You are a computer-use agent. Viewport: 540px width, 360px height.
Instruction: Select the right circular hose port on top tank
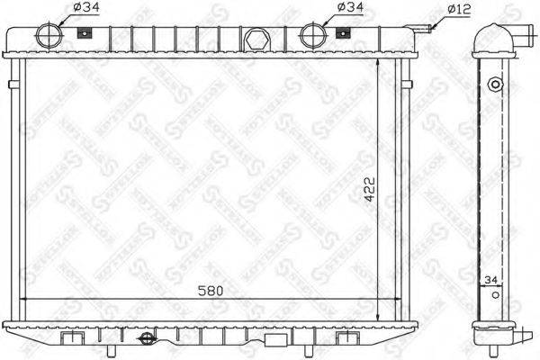point(311,36)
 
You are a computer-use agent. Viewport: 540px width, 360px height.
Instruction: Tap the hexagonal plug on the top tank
point(254,40)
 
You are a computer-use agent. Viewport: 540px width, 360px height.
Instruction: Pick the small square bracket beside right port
point(342,34)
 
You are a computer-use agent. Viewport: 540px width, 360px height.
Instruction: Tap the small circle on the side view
point(492,85)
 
